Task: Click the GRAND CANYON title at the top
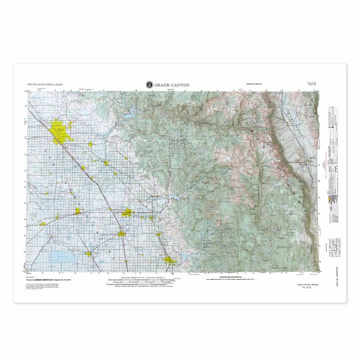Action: pyautogui.click(x=172, y=85)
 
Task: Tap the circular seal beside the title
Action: pyautogui.click(x=149, y=85)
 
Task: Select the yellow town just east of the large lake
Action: pyautogui.click(x=88, y=253)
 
